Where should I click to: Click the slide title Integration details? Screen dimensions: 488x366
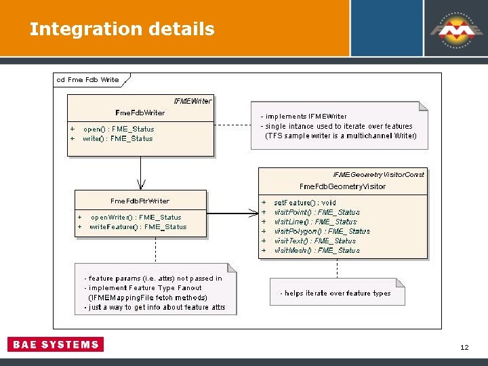click(122, 29)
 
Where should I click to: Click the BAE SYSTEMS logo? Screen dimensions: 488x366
click(56, 344)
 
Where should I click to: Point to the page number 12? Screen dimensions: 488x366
click(464, 348)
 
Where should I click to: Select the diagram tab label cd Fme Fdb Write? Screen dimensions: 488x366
click(88, 80)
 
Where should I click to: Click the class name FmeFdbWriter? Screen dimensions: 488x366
click(140, 113)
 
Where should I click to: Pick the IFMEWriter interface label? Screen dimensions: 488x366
click(192, 101)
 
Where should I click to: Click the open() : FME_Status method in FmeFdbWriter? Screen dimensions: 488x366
click(119, 129)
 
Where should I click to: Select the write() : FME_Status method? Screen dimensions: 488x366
click(118, 139)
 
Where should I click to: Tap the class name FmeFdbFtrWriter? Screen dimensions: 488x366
click(140, 201)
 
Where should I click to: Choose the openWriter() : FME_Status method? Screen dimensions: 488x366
click(136, 218)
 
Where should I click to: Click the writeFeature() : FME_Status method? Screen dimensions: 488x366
click(138, 227)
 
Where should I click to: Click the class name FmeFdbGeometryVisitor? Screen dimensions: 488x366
click(342, 186)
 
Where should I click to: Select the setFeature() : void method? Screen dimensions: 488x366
click(305, 203)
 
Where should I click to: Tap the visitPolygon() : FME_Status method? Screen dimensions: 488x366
click(322, 231)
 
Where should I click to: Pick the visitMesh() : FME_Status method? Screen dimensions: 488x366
click(317, 250)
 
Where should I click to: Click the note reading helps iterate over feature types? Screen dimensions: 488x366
click(335, 293)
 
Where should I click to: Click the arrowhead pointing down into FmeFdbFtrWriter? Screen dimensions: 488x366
click(141, 184)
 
